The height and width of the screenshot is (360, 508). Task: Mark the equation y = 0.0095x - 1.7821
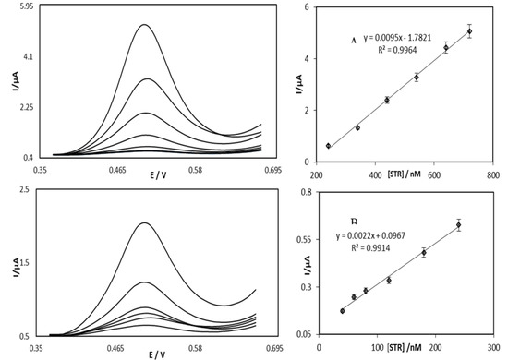379,41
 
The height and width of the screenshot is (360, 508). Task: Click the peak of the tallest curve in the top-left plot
144,25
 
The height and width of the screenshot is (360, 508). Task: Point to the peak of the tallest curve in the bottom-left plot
143,222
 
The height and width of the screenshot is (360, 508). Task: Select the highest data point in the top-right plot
469,31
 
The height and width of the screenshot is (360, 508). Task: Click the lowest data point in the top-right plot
328,146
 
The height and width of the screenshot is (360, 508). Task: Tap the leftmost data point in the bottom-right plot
343,311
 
